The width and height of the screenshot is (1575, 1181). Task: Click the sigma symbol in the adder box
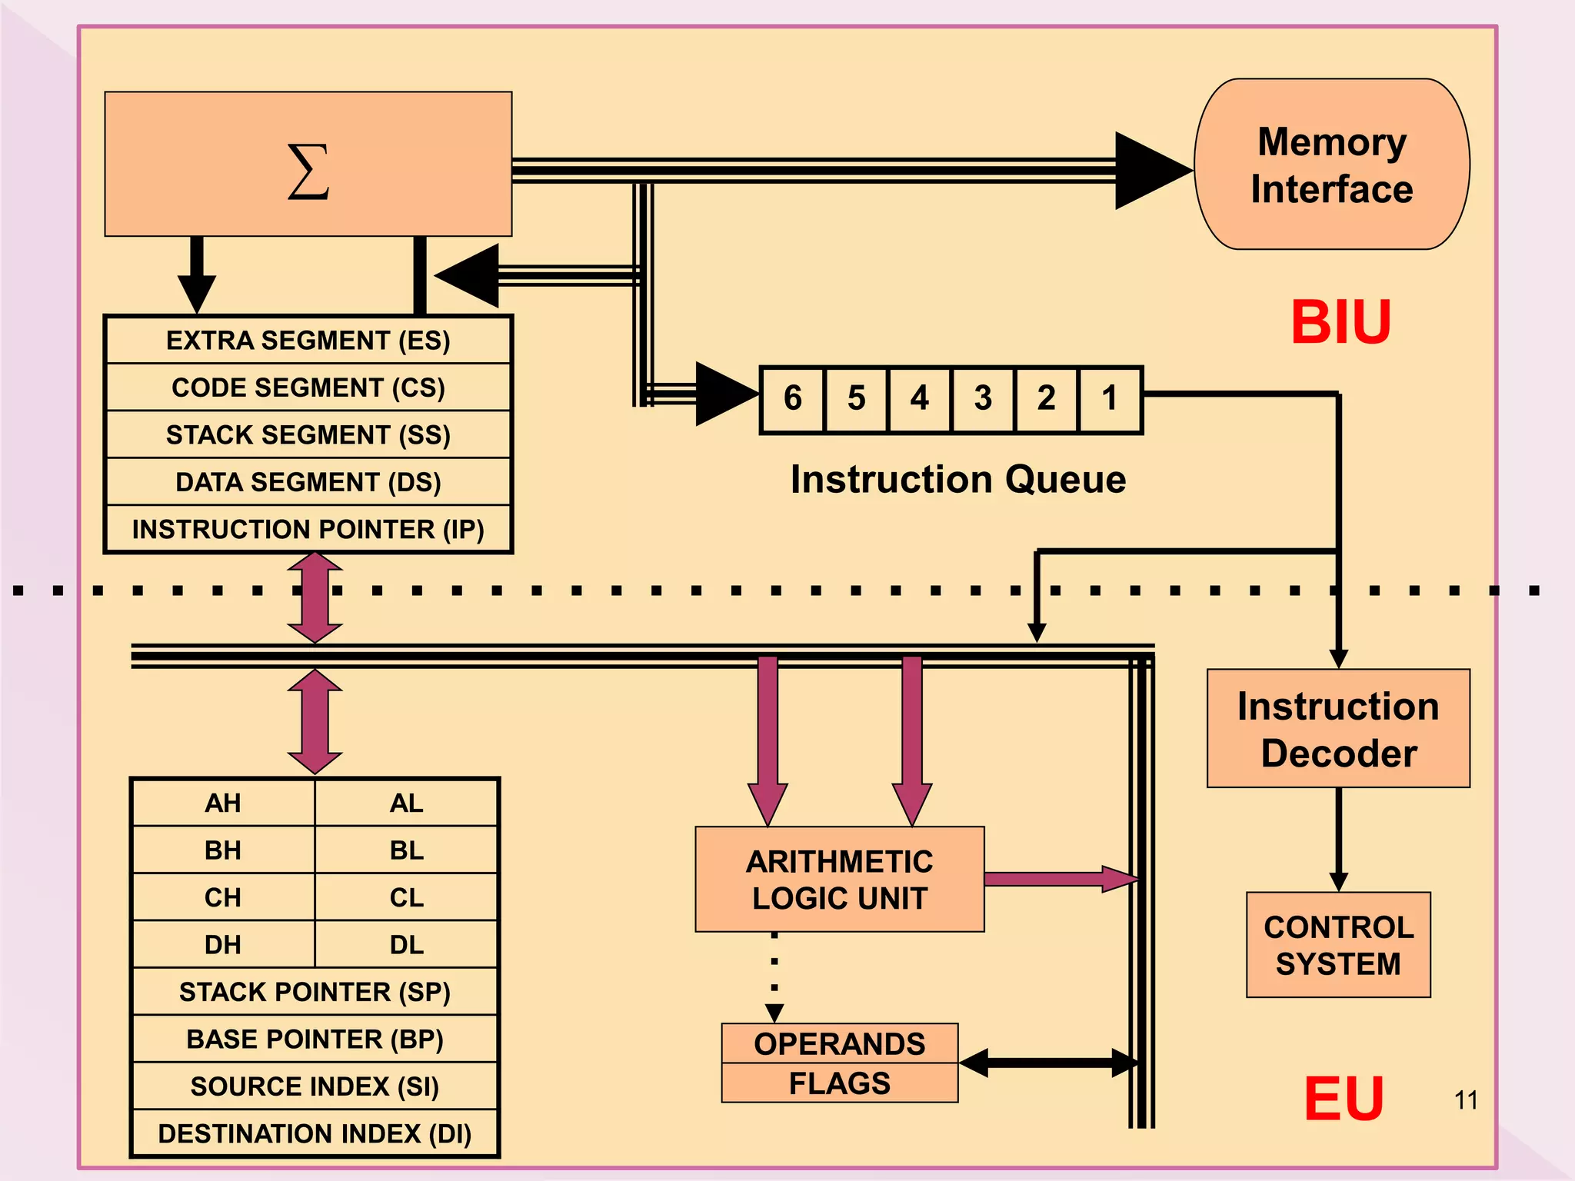click(308, 172)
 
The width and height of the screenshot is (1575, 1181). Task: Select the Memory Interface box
click(1331, 165)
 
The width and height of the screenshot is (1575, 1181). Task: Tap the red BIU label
click(1340, 322)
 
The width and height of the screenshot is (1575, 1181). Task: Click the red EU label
click(1344, 1099)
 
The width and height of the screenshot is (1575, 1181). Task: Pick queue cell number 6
click(793, 398)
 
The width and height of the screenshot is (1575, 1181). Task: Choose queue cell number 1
click(1109, 398)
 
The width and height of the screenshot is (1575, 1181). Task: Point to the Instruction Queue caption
click(958, 480)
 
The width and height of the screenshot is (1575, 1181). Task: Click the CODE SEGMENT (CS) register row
click(308, 388)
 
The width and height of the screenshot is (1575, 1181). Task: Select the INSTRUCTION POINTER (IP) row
click(308, 530)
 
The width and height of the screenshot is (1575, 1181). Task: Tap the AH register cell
click(223, 803)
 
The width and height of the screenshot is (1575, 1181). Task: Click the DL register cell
click(406, 945)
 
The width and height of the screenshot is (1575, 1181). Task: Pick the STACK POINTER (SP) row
click(315, 992)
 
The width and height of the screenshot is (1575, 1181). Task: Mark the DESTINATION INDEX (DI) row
click(315, 1133)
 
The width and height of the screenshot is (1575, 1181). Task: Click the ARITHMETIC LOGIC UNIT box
click(839, 880)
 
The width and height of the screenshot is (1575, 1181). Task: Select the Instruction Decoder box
click(1338, 729)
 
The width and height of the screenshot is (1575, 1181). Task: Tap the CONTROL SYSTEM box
click(1338, 945)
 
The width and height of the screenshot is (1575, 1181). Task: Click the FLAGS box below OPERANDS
click(839, 1083)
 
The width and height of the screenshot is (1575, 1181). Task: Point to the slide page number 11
click(1466, 1100)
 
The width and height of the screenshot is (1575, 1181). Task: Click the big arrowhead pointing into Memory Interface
click(1150, 170)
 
